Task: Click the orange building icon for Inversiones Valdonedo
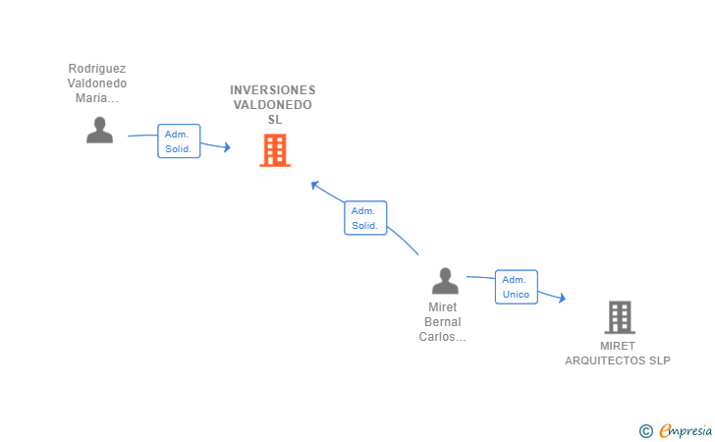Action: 275,150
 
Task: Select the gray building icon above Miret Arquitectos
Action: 620,317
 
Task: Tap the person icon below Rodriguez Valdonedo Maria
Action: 100,130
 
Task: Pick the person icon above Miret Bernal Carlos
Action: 445,281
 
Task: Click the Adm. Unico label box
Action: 517,287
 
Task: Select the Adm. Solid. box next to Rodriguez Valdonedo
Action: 179,140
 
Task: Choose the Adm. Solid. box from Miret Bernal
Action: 365,218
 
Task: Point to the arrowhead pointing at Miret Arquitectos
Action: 562,298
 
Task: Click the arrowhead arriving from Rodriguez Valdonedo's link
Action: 227,147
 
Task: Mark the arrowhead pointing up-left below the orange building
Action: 314,185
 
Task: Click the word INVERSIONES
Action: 273,89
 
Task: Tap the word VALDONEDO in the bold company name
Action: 273,105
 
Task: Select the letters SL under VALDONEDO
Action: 275,120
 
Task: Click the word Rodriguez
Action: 97,69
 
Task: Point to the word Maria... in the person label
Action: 96,98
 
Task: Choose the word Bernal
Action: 442,322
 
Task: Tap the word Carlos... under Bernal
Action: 442,337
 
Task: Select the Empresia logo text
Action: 686,430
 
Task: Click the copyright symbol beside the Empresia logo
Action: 646,431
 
